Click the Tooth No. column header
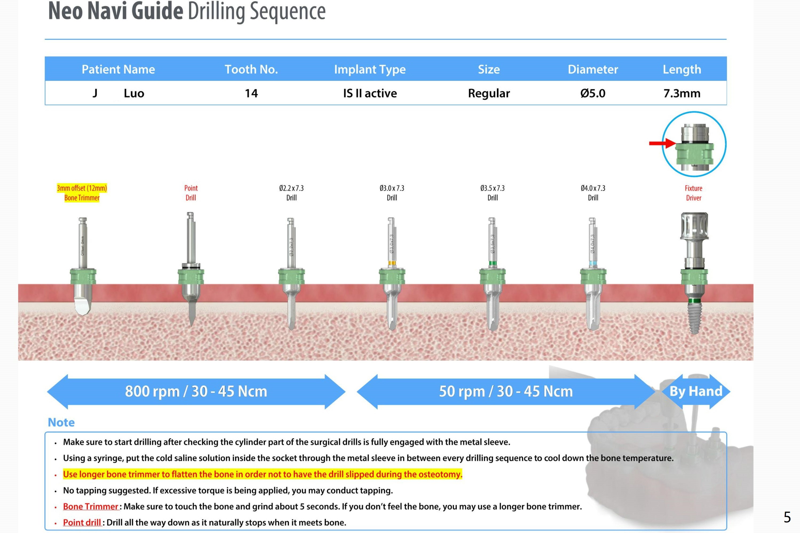coord(251,69)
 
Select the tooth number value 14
coord(251,93)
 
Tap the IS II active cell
coord(370,93)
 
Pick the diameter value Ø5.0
coord(593,93)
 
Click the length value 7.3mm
coord(682,93)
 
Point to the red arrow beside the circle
coord(662,143)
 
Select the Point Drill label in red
coord(191,193)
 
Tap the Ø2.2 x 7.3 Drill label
coord(291,193)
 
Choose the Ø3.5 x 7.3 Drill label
coord(492,193)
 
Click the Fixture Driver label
coord(694,193)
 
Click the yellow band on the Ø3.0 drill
coord(392,263)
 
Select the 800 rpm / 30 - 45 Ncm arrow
coord(196,392)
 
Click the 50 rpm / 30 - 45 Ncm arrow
coord(506,392)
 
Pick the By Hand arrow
coord(696,392)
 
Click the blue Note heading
coord(61,422)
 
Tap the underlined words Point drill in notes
coord(82,522)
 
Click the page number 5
coord(787,517)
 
